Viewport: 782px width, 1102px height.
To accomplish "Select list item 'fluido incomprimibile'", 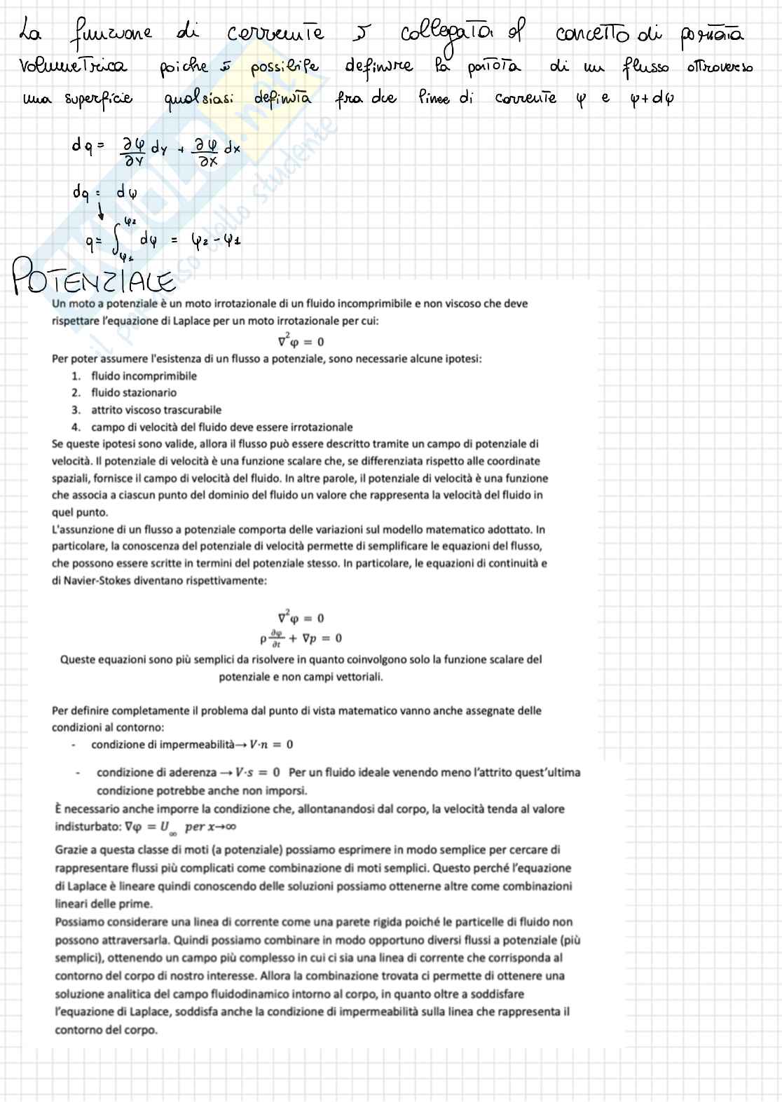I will [144, 376].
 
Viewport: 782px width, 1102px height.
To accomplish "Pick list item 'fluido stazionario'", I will [133, 392].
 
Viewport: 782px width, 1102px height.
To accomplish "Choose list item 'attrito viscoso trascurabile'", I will [156, 410].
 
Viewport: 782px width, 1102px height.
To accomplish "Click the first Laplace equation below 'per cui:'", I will [301, 341].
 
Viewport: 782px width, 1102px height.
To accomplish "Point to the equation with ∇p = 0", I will [301, 638].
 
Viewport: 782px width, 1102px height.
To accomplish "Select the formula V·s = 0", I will [257, 772].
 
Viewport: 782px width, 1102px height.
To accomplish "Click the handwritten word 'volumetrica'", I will [72, 67].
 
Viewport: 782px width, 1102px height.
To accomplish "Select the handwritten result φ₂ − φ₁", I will [217, 240].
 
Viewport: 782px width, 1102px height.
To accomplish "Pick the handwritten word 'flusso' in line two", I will [645, 67].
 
